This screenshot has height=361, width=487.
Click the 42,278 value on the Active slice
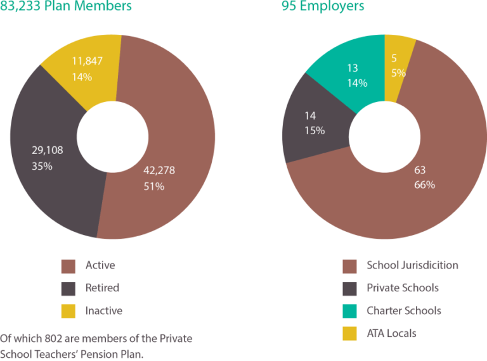(159, 170)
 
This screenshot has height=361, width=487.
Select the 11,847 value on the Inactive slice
(87, 61)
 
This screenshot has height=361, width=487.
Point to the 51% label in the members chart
(154, 186)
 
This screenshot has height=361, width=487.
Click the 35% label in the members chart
(42, 166)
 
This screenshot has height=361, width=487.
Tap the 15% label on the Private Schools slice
(315, 131)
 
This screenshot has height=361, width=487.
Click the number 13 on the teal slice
(352, 68)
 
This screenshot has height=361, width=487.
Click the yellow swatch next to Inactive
(68, 312)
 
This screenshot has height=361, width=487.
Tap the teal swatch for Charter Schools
(349, 312)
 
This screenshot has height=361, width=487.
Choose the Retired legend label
(102, 288)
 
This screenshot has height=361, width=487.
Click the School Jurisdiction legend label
(412, 265)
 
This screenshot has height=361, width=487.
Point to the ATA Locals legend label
(391, 334)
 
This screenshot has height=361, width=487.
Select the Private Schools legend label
(402, 288)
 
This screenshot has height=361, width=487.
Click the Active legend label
(100, 265)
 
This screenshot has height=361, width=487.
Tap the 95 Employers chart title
(323, 7)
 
